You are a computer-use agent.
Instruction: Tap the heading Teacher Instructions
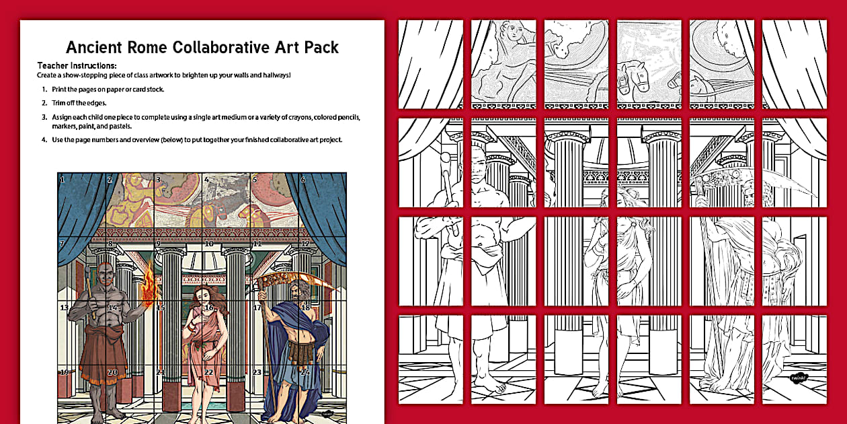pyautogui.click(x=77, y=66)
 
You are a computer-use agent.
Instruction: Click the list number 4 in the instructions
pyautogui.click(x=44, y=140)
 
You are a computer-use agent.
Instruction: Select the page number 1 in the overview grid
pyautogui.click(x=62, y=180)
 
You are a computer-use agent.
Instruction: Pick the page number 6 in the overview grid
pyautogui.click(x=303, y=180)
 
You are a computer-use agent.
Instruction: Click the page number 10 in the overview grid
pyautogui.click(x=208, y=244)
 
